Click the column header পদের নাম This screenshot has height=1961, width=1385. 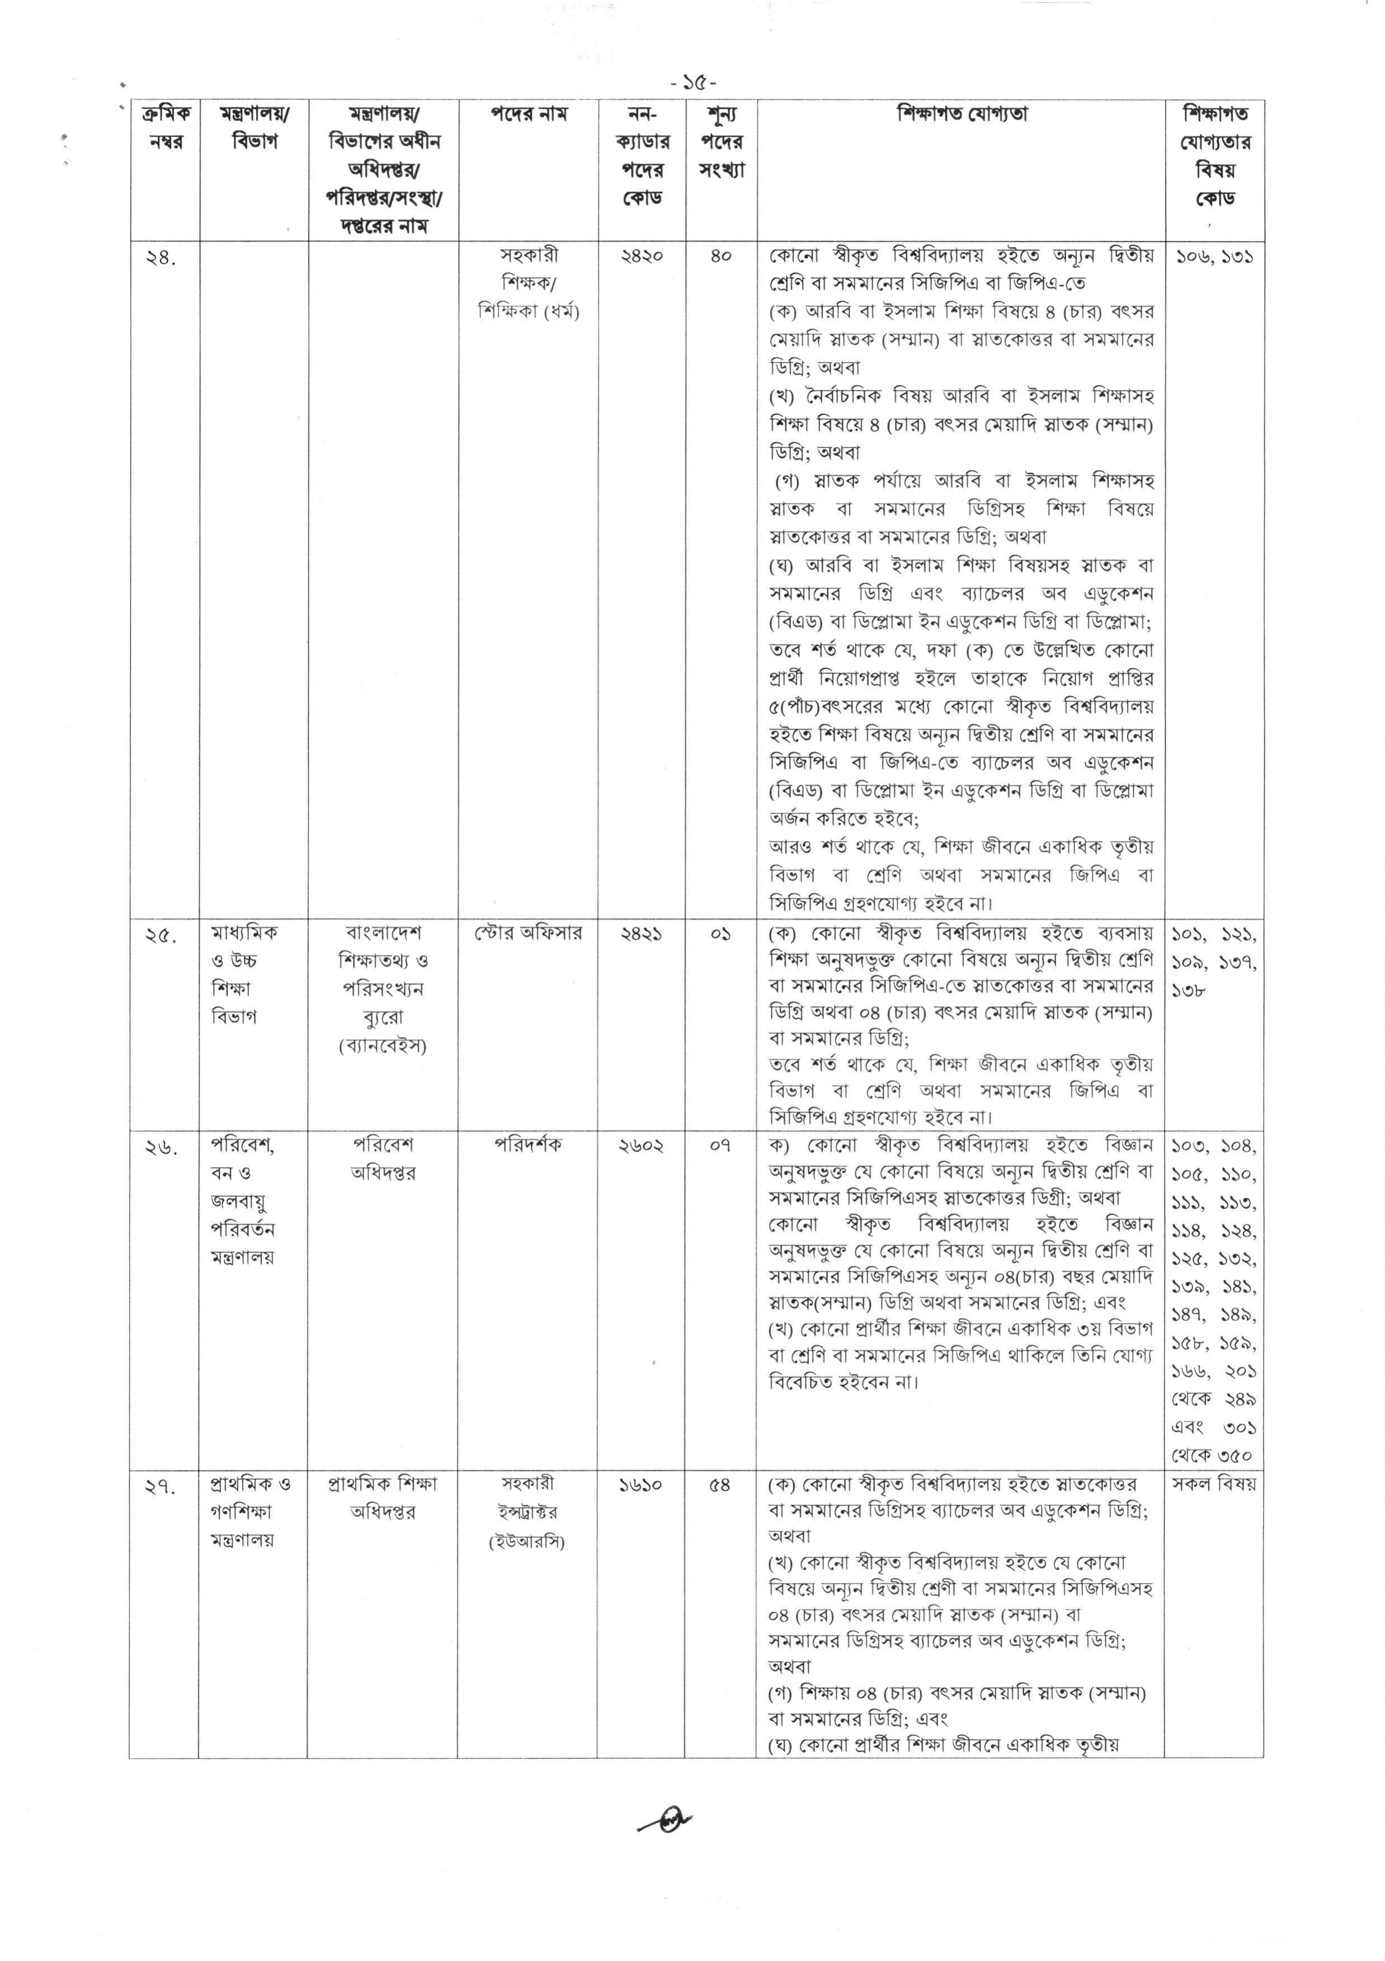(x=528, y=113)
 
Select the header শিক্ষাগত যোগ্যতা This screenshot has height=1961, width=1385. (x=961, y=113)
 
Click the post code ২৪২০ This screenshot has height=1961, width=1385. (x=641, y=255)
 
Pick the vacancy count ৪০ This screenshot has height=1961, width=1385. (x=721, y=255)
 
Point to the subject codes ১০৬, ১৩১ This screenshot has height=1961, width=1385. (x=1213, y=255)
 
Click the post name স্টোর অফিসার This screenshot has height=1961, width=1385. (x=528, y=932)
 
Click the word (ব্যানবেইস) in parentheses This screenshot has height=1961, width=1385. (x=382, y=1045)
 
